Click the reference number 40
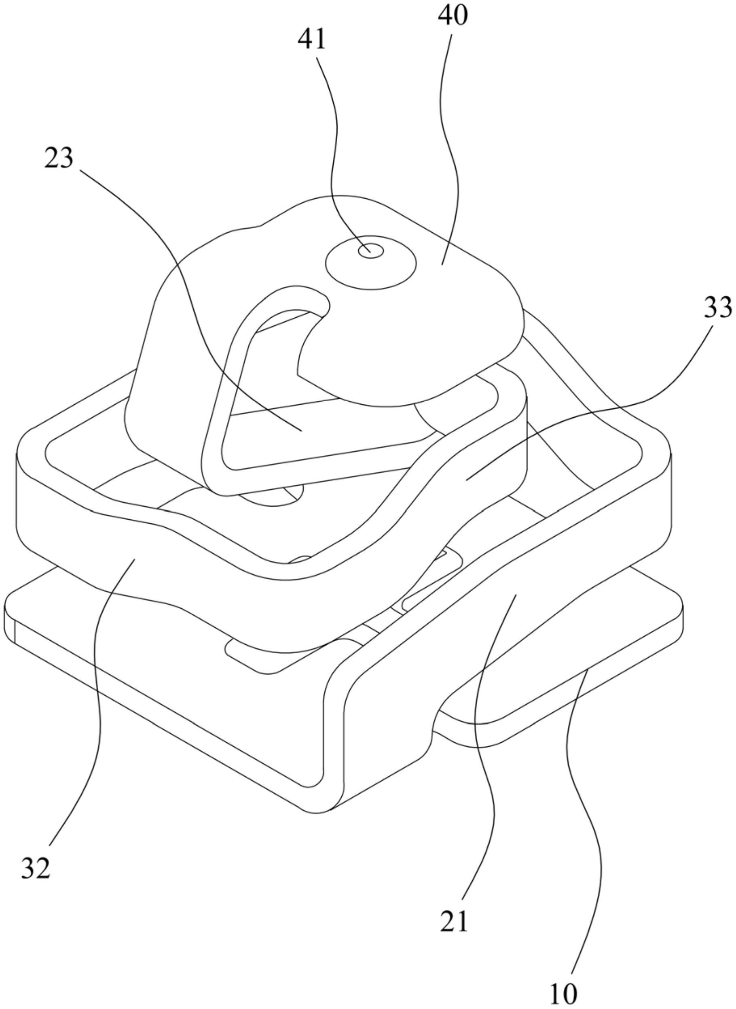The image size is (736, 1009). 452,16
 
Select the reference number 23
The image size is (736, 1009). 58,159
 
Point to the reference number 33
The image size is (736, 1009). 718,308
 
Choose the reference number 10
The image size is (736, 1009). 564,993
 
